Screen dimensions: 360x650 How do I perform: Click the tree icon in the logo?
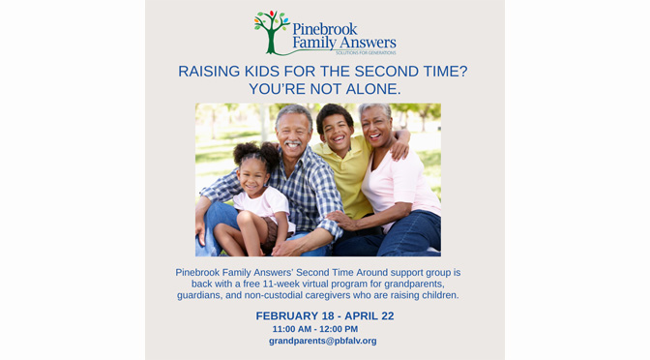[272, 32]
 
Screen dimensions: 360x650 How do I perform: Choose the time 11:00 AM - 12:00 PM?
[314, 329]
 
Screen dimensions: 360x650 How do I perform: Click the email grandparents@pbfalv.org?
[322, 341]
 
